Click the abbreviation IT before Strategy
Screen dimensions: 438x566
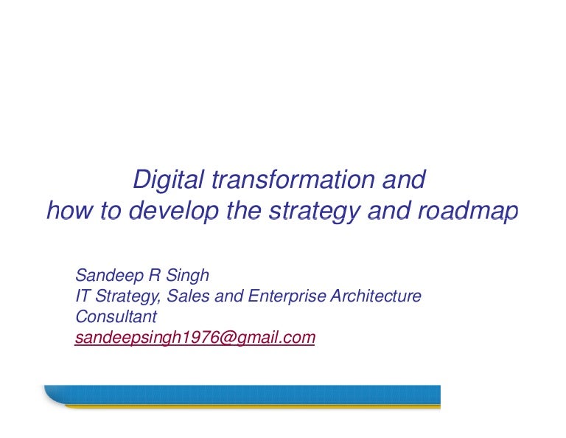pyautogui.click(x=83, y=296)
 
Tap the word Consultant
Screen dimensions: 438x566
pyautogui.click(x=116, y=317)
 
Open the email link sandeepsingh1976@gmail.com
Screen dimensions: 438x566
pyautogui.click(x=195, y=338)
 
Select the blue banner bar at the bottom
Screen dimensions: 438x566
pyautogui.click(x=243, y=393)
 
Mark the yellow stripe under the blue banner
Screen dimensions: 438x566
pyautogui.click(x=251, y=405)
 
